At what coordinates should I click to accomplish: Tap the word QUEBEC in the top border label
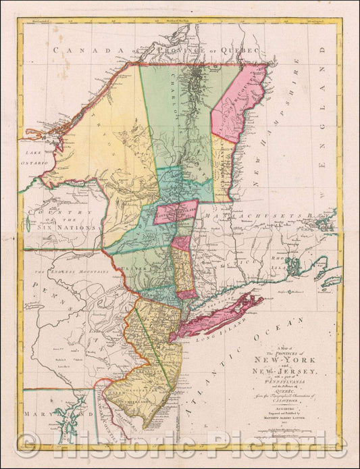tap(226, 51)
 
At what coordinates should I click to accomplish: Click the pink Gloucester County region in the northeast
tap(240, 101)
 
